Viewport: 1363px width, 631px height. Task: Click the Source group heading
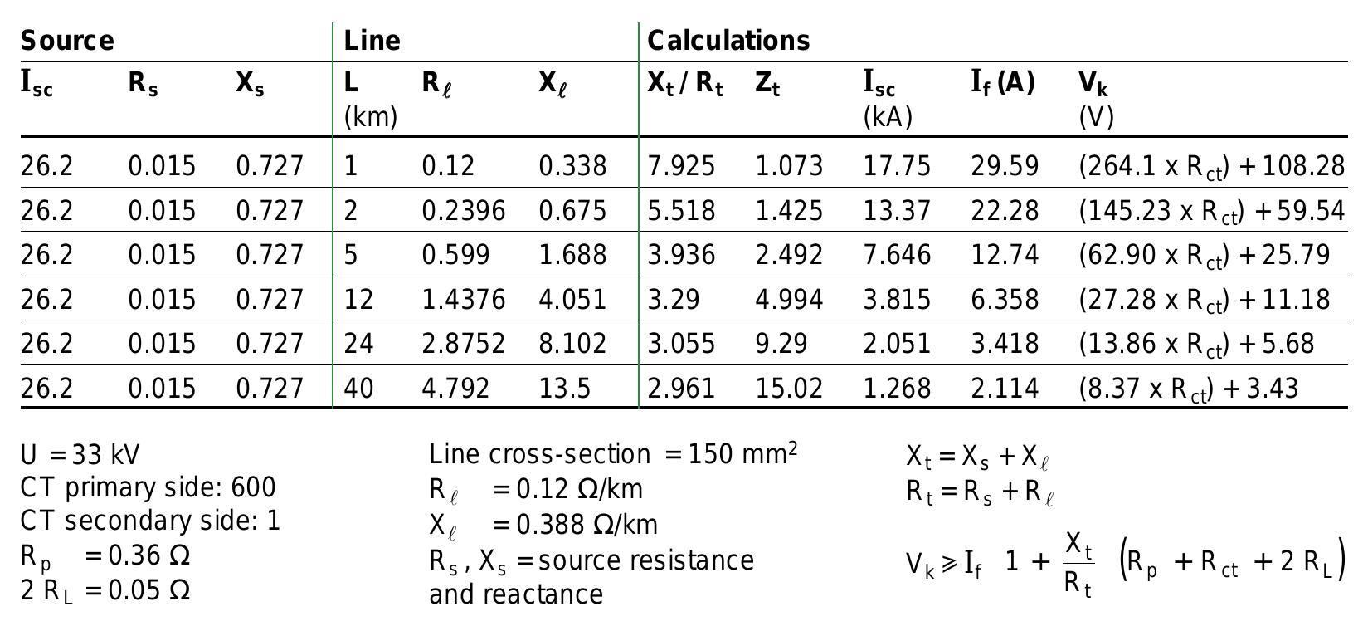(x=67, y=41)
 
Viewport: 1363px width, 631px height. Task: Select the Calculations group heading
(x=728, y=41)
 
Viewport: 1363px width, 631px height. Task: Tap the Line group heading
(x=372, y=41)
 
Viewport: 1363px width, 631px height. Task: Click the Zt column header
(x=767, y=83)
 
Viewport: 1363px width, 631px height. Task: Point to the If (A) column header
(x=1002, y=83)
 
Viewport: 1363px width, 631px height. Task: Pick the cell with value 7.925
(x=680, y=166)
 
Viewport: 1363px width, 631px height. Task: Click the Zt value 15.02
(x=788, y=388)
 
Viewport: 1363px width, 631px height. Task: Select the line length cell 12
(x=358, y=299)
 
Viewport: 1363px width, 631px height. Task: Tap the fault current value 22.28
(x=1005, y=210)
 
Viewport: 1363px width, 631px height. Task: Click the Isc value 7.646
(x=897, y=254)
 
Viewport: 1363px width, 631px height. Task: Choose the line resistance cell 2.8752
(x=463, y=343)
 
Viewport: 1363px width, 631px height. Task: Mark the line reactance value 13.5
(x=565, y=388)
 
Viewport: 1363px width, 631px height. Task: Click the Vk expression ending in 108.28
(x=1211, y=167)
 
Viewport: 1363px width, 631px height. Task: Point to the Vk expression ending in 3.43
(x=1188, y=389)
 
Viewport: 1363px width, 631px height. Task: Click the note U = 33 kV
(x=80, y=455)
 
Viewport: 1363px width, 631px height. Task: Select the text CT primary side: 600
(x=148, y=488)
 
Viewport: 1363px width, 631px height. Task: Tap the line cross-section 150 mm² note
(x=613, y=454)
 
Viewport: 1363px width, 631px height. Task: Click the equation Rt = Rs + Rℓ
(x=980, y=492)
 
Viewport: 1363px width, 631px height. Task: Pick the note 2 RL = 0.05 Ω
(x=105, y=590)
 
